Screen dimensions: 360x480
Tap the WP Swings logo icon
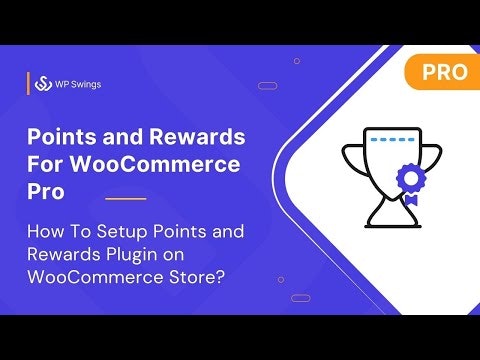43,84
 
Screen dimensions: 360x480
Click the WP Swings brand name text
78,84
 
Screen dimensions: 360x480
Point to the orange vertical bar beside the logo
28,84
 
